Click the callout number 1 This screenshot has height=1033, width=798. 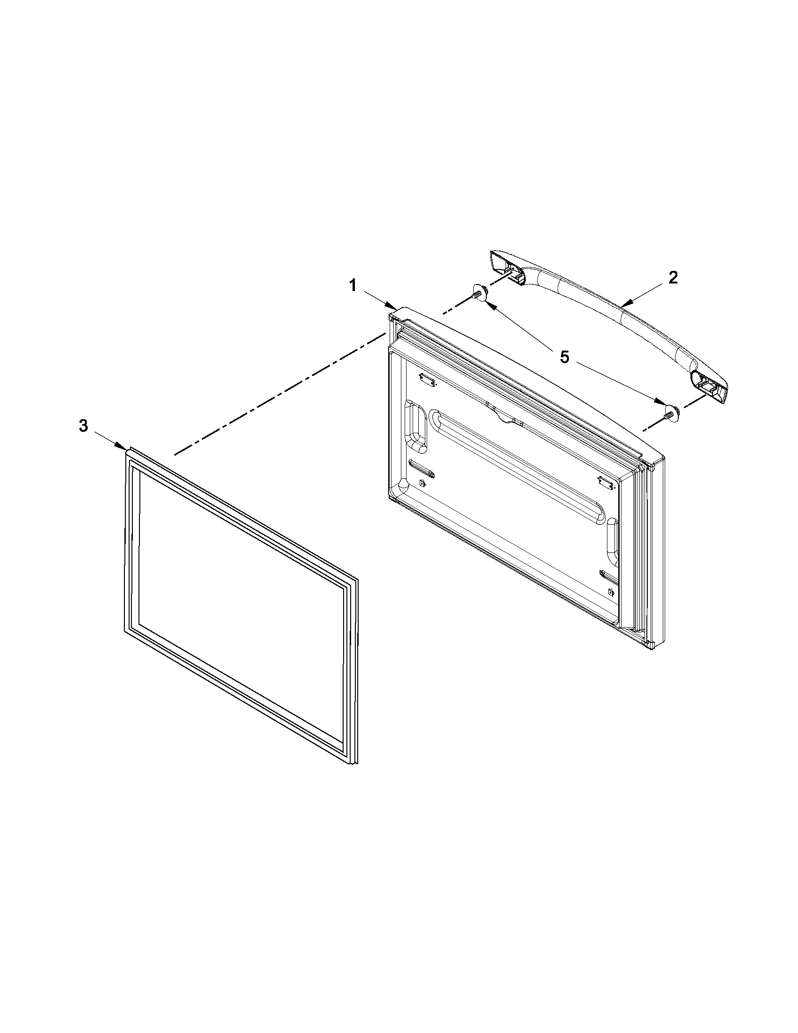[353, 285]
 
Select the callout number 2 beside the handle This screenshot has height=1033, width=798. [673, 278]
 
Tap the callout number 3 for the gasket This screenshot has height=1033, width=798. [83, 426]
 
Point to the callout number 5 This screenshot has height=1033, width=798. [565, 357]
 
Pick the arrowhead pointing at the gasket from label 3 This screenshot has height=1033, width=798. [123, 446]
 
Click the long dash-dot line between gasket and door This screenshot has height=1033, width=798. [279, 394]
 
